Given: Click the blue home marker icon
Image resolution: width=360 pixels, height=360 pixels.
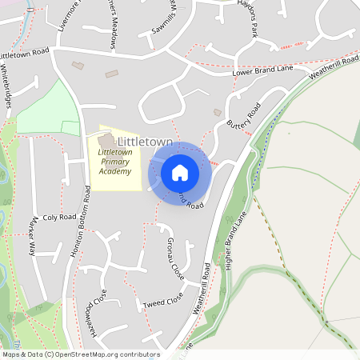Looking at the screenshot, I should pyautogui.click(x=179, y=172).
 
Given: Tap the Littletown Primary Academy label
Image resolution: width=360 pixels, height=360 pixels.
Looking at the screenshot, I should pyautogui.click(x=115, y=162).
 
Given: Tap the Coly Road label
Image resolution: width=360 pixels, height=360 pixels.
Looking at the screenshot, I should pyautogui.click(x=59, y=217).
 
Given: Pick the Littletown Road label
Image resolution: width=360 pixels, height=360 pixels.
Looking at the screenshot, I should pyautogui.click(x=25, y=54).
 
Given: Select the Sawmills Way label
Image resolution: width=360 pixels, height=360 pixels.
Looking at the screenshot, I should pyautogui.click(x=164, y=19).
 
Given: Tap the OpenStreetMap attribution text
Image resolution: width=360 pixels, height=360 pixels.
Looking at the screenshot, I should pyautogui.click(x=81, y=354).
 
